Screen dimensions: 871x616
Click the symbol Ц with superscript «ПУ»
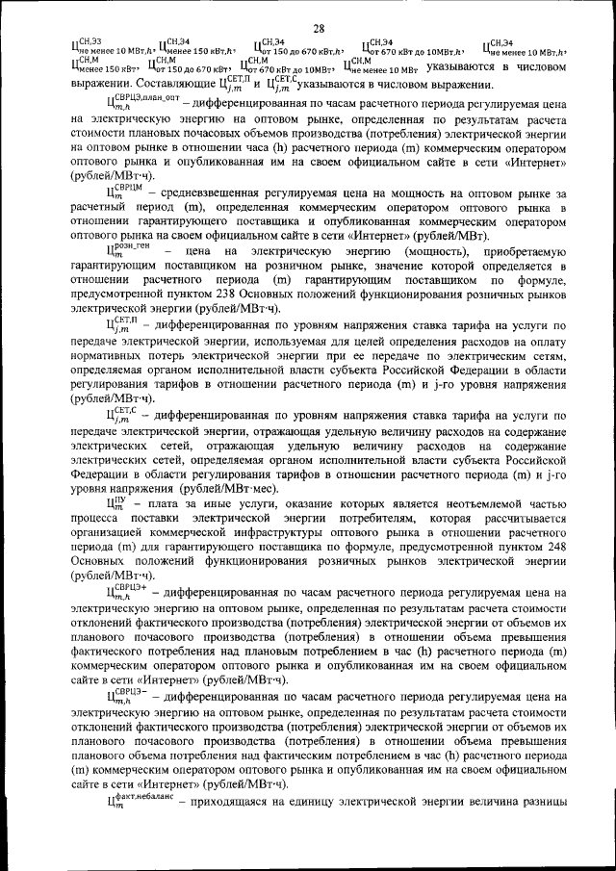[116, 502]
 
